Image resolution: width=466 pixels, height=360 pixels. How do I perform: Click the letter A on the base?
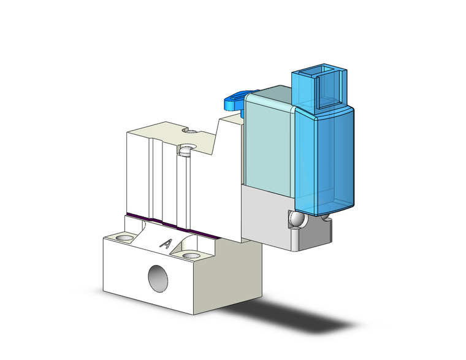(166, 243)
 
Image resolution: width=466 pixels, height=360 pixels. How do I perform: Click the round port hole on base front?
(159, 278)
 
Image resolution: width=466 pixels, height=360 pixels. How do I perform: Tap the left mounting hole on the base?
(126, 237)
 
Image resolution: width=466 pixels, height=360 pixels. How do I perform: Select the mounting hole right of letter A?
(191, 255)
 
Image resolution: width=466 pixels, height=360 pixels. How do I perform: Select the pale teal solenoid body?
(270, 141)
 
